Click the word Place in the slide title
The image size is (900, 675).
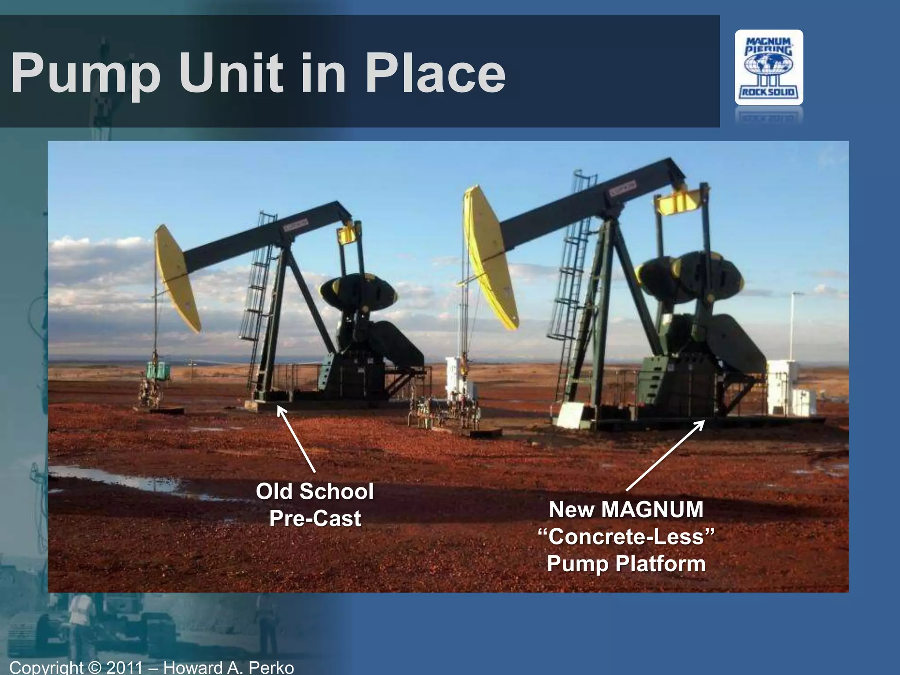435,73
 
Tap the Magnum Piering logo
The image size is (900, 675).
769,67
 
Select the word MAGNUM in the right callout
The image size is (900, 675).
652,510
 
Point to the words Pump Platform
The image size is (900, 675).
626,564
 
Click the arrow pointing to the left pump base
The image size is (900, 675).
296,439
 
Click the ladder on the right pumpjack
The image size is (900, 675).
571,272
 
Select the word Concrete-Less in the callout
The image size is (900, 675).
626,537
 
